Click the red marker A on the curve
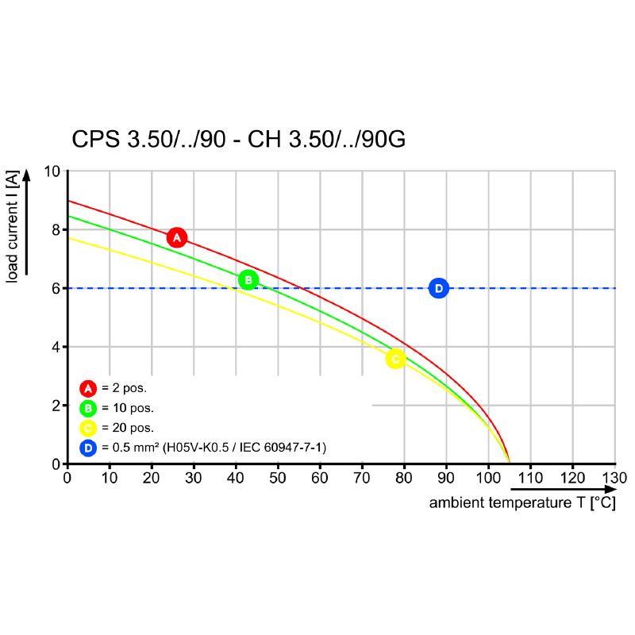(177, 237)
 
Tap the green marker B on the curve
(248, 279)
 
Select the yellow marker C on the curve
(395, 359)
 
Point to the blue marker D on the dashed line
(438, 288)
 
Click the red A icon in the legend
(88, 388)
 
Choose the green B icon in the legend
(88, 409)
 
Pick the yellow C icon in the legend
(88, 429)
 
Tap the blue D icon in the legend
(88, 448)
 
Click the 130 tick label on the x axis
(614, 478)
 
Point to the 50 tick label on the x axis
(278, 478)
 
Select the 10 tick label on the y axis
(52, 171)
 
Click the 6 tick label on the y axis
(56, 289)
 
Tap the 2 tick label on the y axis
(56, 406)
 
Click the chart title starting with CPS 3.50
(239, 140)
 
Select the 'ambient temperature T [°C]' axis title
(522, 503)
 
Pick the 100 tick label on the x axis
(488, 478)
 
